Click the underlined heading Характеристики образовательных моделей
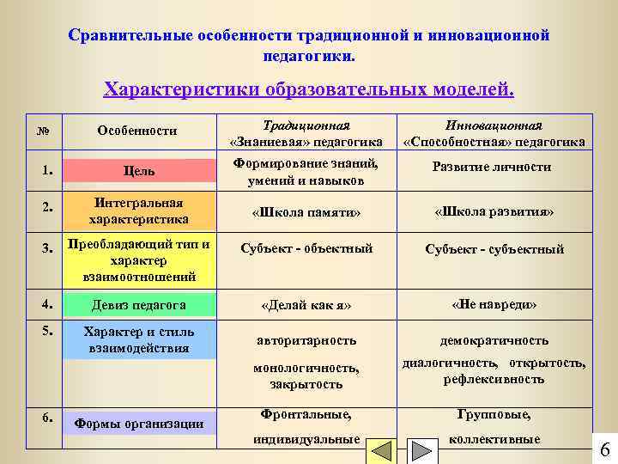pos(309,89)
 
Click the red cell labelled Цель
pos(138,171)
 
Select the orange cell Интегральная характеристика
pos(138,211)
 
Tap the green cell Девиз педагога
pos(138,304)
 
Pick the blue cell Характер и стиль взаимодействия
pos(138,339)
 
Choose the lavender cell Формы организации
pos(138,423)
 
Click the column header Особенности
pos(137,131)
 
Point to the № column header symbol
pos(43,131)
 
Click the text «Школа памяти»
pos(306,211)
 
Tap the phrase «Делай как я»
pos(306,305)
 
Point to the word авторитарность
pos(306,341)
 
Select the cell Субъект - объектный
pos(306,249)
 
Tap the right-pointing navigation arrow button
pos(420,453)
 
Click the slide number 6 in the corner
pos(603,449)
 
